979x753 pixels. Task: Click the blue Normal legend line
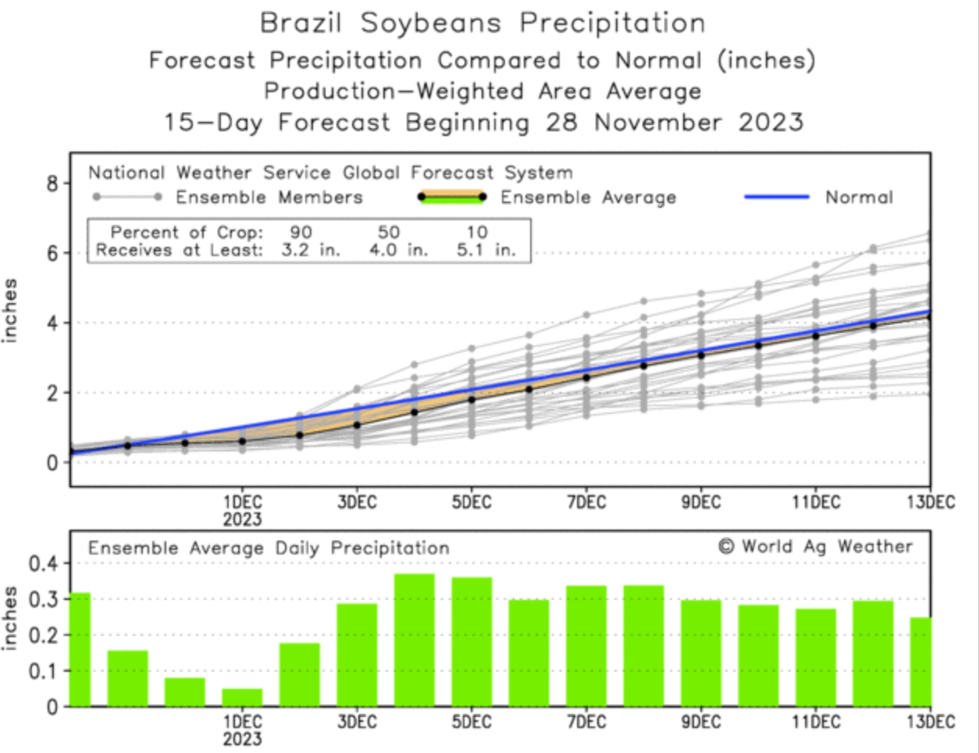click(x=776, y=197)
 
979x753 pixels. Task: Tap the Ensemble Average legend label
click(x=588, y=198)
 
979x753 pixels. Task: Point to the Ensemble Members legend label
click(x=269, y=198)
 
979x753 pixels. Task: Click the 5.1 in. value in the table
click(x=486, y=252)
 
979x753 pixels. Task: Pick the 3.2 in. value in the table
click(x=311, y=252)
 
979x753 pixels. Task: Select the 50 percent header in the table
click(x=388, y=233)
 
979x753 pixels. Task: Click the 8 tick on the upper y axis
click(x=52, y=184)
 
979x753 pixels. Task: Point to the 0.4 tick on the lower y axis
click(x=43, y=563)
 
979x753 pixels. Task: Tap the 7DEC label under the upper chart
click(x=586, y=503)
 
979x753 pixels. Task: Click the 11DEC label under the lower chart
click(x=816, y=723)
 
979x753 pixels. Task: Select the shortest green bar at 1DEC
click(x=242, y=697)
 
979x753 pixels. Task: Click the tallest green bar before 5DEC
click(x=415, y=641)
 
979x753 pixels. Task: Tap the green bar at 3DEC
click(x=358, y=655)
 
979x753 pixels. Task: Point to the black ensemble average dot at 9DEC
click(x=701, y=355)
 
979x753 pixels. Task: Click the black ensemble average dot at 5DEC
click(x=472, y=399)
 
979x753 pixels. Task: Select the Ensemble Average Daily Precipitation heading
click(x=269, y=548)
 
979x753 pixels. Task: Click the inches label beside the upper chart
click(x=10, y=310)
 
